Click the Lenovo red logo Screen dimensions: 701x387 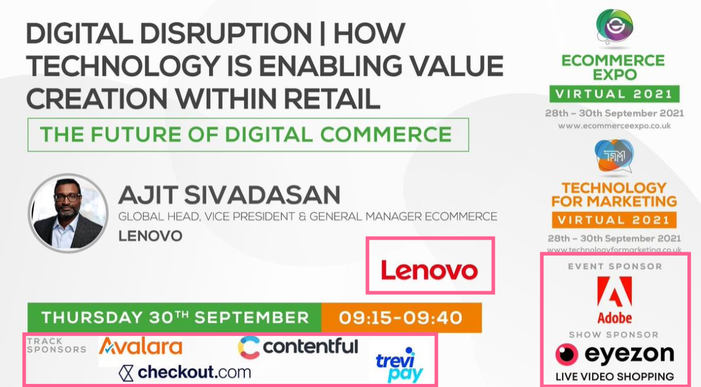click(430, 270)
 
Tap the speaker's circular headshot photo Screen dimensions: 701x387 click(68, 213)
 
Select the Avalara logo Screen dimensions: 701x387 click(140, 346)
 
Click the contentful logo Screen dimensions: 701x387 click(298, 347)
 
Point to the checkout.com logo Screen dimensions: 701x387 click(185, 372)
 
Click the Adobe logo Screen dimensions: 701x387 click(615, 300)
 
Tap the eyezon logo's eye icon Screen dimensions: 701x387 click(567, 355)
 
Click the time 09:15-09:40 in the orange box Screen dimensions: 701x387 click(401, 318)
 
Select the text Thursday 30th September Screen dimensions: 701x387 click(175, 318)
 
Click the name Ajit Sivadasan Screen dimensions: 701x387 click(229, 195)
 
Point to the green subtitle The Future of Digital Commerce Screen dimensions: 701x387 click(246, 135)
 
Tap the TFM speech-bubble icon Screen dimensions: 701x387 click(614, 156)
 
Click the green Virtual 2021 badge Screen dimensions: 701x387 click(614, 94)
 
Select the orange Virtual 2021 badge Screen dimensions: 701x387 click(614, 219)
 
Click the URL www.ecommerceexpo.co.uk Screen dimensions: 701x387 click(614, 126)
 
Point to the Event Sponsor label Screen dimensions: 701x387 click(615, 267)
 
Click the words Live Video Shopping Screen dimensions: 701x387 click(615, 377)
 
